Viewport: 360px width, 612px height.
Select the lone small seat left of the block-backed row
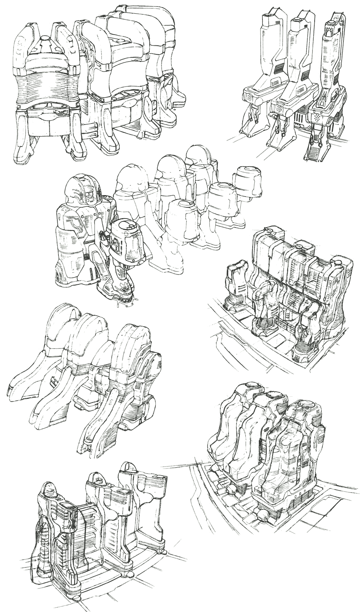point(236,277)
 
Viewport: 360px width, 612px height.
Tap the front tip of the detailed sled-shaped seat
point(86,446)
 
